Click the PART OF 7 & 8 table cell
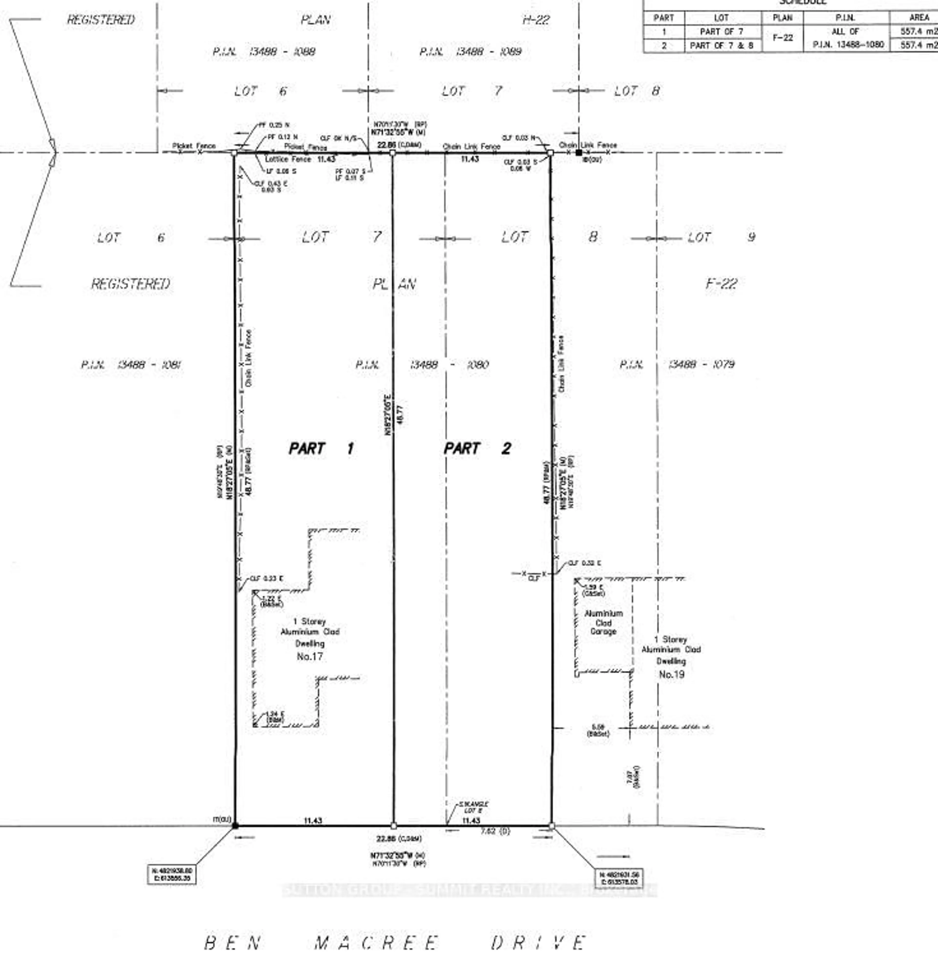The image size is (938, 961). click(x=721, y=45)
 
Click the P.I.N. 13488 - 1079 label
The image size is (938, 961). click(x=677, y=364)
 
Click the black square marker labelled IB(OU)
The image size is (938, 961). click(x=579, y=153)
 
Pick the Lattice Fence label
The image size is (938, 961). click(x=288, y=159)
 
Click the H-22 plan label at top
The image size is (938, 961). click(x=535, y=20)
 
